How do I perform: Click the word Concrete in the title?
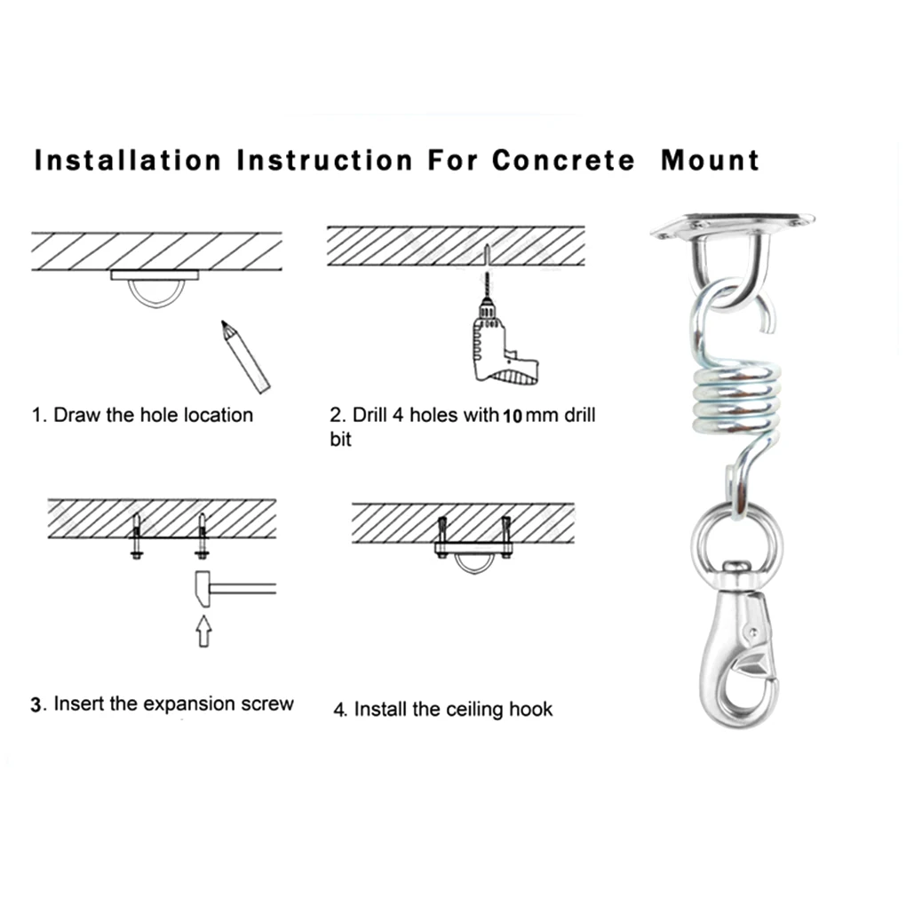pyautogui.click(x=563, y=161)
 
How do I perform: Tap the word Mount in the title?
pyautogui.click(x=710, y=161)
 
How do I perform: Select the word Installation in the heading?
pyautogui.click(x=127, y=161)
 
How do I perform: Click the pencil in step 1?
pyautogui.click(x=245, y=357)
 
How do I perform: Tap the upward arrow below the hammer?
pyautogui.click(x=204, y=633)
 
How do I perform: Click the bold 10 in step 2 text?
pyautogui.click(x=513, y=416)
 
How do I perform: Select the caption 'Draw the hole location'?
pyautogui.click(x=153, y=415)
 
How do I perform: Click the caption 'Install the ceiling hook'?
pyautogui.click(x=453, y=710)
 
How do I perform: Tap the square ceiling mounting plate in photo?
pyautogui.click(x=733, y=225)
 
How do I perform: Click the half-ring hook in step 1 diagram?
pyautogui.click(x=159, y=292)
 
